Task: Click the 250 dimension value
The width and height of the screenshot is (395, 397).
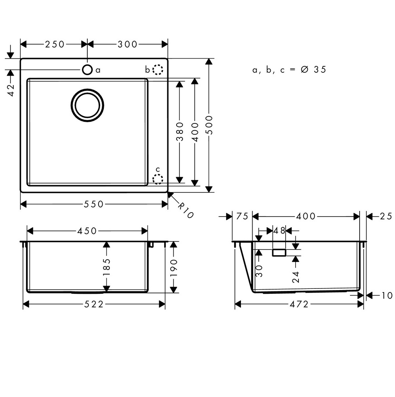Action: pyautogui.click(x=55, y=44)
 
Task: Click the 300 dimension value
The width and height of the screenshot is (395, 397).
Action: pyautogui.click(x=128, y=44)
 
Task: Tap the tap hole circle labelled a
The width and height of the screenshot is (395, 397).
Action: pyautogui.click(x=87, y=70)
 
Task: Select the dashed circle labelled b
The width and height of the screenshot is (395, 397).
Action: pyautogui.click(x=158, y=70)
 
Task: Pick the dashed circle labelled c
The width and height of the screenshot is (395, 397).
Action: pyautogui.click(x=158, y=179)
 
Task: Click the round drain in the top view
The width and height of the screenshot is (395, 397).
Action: pyautogui.click(x=87, y=105)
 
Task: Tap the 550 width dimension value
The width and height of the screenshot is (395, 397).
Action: pyautogui.click(x=94, y=204)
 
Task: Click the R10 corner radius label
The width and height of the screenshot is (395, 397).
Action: pyautogui.click(x=185, y=210)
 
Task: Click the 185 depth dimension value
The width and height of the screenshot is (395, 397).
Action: pyautogui.click(x=107, y=266)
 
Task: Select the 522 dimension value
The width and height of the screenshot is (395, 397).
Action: pyautogui.click(x=94, y=305)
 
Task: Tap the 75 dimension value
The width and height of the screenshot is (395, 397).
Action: pyautogui.click(x=242, y=217)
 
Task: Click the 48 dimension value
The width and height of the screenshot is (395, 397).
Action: pyautogui.click(x=279, y=231)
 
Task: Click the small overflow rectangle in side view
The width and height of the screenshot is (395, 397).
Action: pyautogui.click(x=279, y=252)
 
